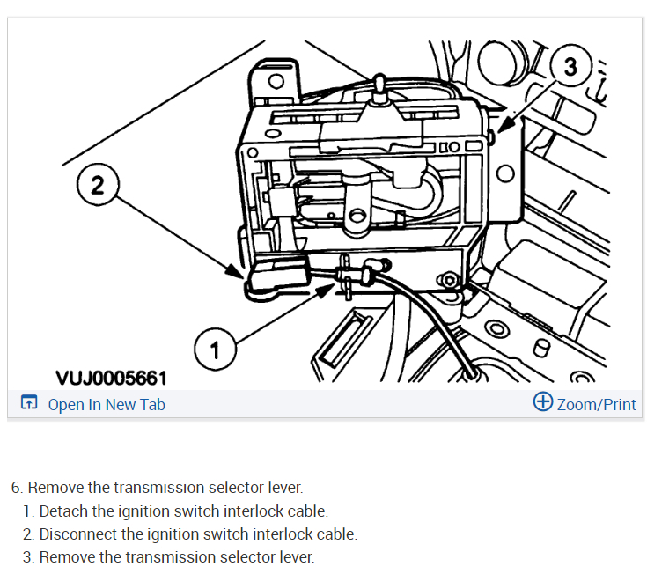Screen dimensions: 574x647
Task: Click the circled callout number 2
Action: pos(97,185)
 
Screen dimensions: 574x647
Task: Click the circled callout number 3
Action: pos(570,67)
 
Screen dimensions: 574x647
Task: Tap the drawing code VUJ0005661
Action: pos(111,378)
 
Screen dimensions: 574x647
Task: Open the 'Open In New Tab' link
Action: pos(106,404)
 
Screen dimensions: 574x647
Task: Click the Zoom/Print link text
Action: pos(596,404)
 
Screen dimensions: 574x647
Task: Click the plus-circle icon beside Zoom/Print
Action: pos(543,402)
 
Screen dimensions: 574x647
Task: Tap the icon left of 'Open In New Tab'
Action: pos(28,404)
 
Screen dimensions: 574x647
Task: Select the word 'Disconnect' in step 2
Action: pos(77,534)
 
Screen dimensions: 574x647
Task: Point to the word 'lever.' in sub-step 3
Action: pos(295,556)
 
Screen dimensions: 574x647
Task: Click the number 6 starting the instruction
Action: pos(16,487)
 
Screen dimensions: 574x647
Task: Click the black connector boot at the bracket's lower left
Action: pos(276,276)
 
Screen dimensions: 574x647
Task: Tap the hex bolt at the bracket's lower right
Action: pos(452,281)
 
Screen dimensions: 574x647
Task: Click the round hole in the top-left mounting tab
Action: pos(276,82)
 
